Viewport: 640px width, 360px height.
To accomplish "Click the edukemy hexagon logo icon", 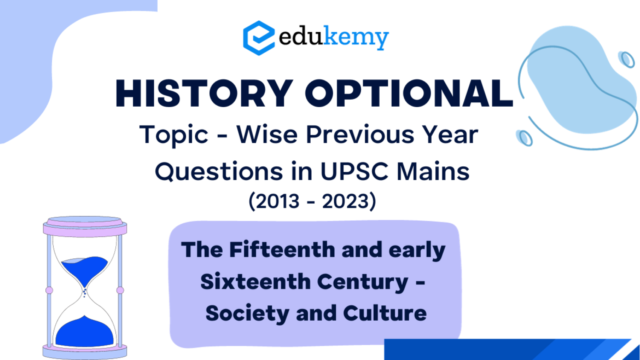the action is click(259, 38).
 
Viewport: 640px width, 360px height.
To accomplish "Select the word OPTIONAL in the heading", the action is click(409, 94).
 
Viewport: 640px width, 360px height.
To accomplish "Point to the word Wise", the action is click(267, 134).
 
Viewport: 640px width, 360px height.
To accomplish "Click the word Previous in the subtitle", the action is click(361, 134).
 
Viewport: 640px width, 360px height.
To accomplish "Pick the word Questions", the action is click(219, 171).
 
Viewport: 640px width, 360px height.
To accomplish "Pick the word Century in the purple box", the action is click(363, 282).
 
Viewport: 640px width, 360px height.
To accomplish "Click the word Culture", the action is click(385, 313).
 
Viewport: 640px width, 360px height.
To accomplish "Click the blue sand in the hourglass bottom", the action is click(84, 332).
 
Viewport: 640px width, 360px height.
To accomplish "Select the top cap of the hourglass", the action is click(85, 227).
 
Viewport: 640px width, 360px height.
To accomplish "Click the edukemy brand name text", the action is click(334, 38).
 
